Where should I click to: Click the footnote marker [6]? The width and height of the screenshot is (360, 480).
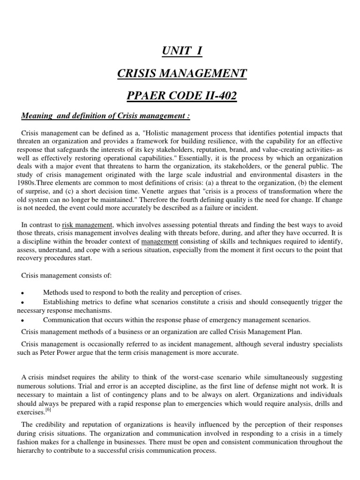pos(48,410)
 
